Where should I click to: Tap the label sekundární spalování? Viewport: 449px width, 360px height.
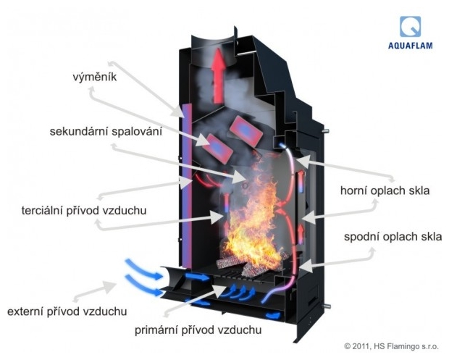[106, 132]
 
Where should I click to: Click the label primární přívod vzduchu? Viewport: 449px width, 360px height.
[198, 330]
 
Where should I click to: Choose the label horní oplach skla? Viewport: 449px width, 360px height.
[385, 191]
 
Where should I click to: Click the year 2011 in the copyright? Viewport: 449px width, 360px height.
[365, 346]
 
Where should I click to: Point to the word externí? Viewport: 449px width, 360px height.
[25, 311]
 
